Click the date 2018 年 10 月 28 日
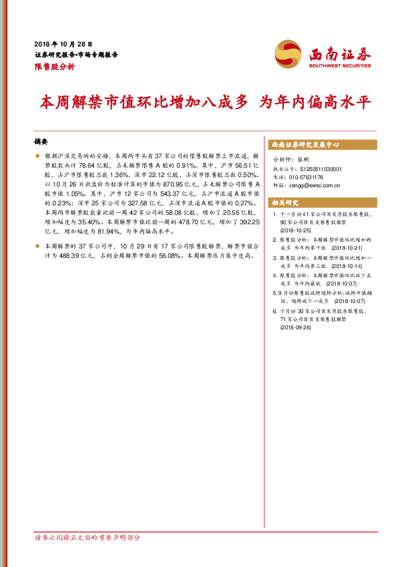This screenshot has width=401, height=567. click(63, 42)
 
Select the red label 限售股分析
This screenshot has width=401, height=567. click(55, 67)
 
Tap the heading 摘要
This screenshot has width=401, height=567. click(41, 142)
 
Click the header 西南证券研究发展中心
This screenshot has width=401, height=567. click(305, 144)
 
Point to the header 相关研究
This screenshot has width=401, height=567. click(286, 202)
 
